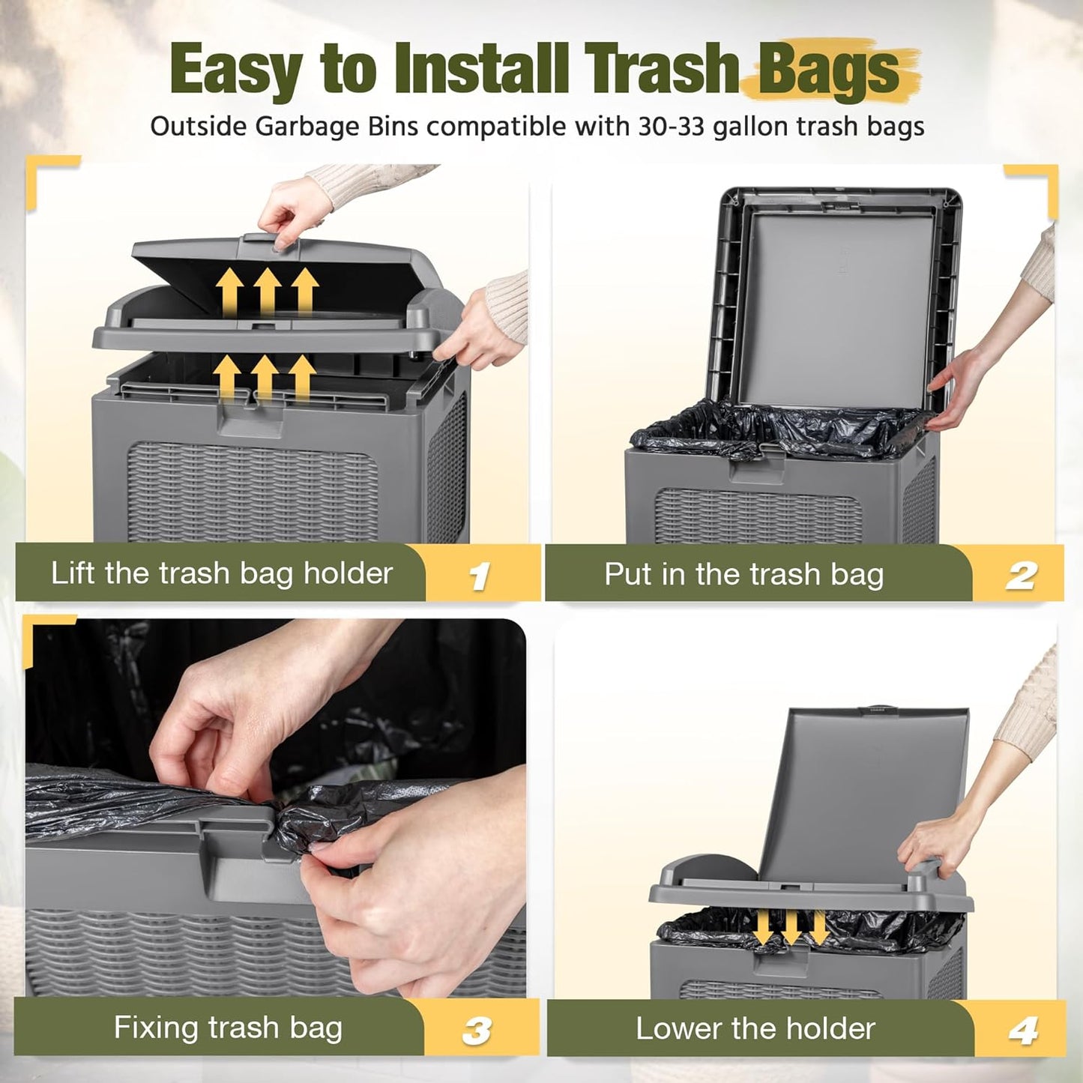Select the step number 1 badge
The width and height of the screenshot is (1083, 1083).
[x=478, y=576]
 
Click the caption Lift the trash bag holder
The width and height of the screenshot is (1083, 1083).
[x=221, y=573]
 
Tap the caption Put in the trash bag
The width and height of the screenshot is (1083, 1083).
[x=743, y=575]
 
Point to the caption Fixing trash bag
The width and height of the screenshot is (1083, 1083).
[x=228, y=1028]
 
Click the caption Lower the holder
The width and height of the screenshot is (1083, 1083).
[x=755, y=1029]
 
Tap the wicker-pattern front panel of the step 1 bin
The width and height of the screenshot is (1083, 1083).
[x=253, y=492]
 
